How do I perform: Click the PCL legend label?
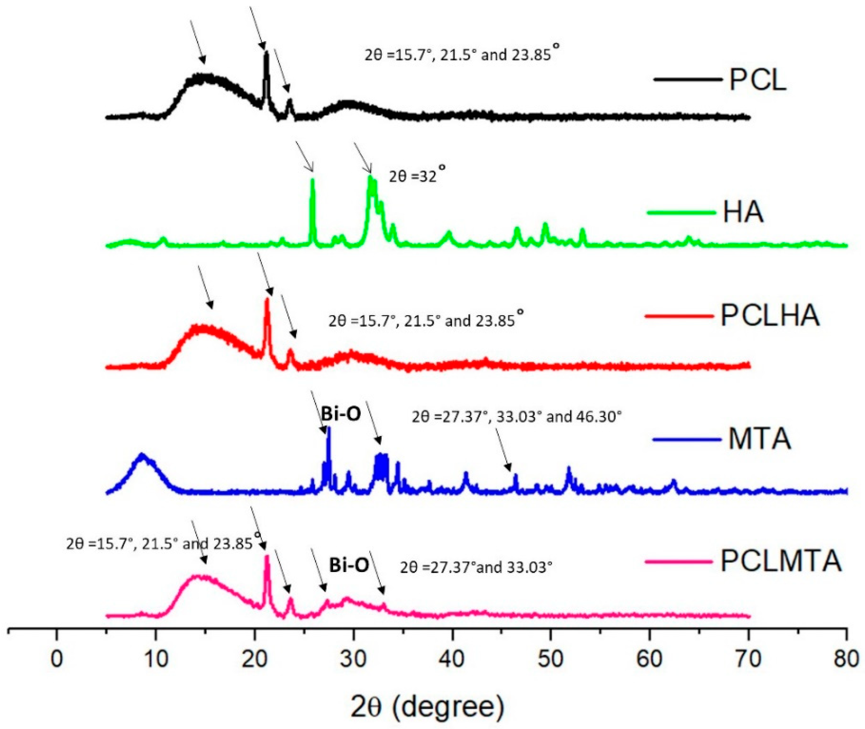pos(757,80)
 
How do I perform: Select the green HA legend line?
pos(680,213)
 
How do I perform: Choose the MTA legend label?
pos(760,439)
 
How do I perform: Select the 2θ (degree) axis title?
pos(428,708)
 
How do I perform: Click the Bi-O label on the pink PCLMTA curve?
pos(349,566)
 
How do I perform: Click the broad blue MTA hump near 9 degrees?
pos(143,457)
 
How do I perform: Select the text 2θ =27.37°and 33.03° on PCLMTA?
pos(476,567)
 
